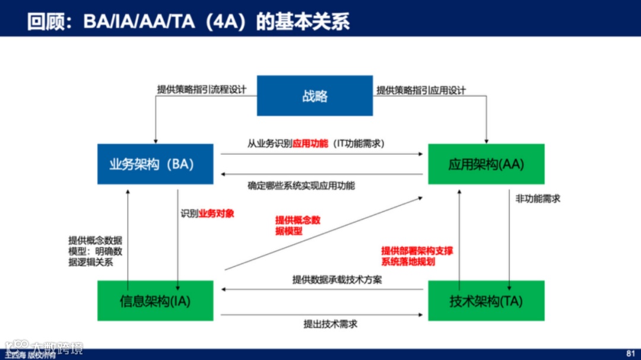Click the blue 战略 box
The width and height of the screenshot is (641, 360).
pos(315,95)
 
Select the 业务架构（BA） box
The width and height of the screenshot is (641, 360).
pos(155,164)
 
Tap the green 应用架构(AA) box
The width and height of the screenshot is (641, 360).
pos(486,164)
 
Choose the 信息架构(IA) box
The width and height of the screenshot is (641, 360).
pos(155,301)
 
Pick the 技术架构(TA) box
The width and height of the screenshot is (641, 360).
pos(486,301)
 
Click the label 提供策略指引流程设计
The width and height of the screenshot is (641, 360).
pos(201,90)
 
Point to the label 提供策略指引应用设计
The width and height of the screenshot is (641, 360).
pos(421,90)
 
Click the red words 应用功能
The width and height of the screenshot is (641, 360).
pos(310,144)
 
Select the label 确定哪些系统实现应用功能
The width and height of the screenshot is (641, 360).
pos(301,185)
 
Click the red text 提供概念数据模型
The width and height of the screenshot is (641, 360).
pos(297,225)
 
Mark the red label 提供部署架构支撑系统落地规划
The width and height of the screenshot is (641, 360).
pos(417,256)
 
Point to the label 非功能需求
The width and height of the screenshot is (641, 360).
pos(538,199)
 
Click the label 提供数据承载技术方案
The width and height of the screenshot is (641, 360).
pos(337,279)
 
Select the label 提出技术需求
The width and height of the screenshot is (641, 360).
pos(330,323)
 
